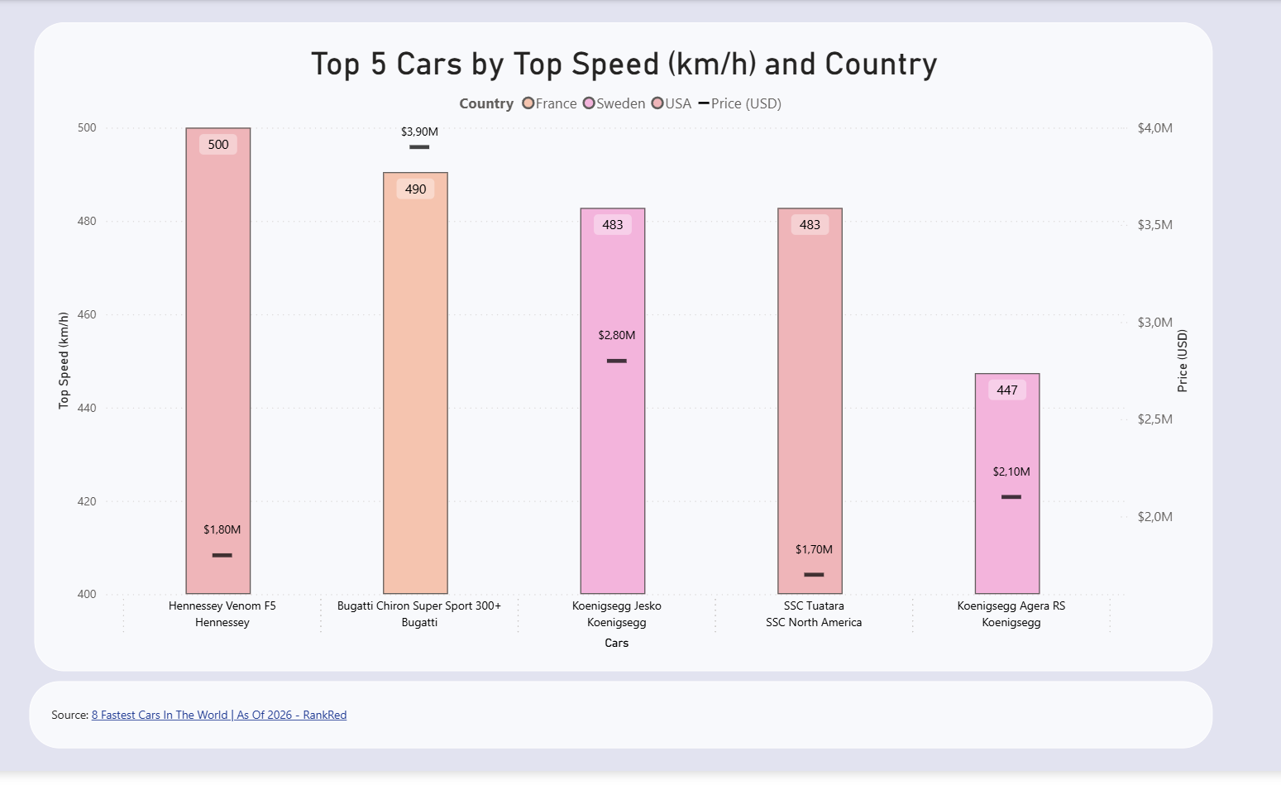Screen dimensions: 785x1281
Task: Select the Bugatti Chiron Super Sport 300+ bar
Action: pyautogui.click(x=415, y=389)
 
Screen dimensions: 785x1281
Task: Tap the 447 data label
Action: pyautogui.click(x=1007, y=390)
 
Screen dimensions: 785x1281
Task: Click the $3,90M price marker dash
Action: pyautogui.click(x=419, y=147)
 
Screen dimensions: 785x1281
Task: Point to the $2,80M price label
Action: pyautogui.click(x=617, y=335)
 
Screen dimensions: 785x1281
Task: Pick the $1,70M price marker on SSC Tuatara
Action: pyautogui.click(x=814, y=574)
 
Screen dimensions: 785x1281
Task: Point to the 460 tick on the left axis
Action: pyautogui.click(x=87, y=314)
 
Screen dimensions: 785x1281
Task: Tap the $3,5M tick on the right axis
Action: pyautogui.click(x=1154, y=225)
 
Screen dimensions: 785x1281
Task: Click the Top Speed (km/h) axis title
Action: pyautogui.click(x=64, y=361)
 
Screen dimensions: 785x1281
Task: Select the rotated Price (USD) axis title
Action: pyautogui.click(x=1183, y=361)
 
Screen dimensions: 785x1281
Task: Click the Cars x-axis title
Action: pyautogui.click(x=616, y=643)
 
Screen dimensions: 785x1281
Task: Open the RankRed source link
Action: pyautogui.click(x=219, y=715)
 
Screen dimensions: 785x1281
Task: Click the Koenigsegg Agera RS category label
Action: pyautogui.click(x=1011, y=606)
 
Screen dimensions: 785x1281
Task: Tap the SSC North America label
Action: pyautogui.click(x=814, y=622)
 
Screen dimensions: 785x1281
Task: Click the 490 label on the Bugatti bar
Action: pyautogui.click(x=415, y=189)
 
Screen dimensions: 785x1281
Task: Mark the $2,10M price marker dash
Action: pyautogui.click(x=1011, y=497)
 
